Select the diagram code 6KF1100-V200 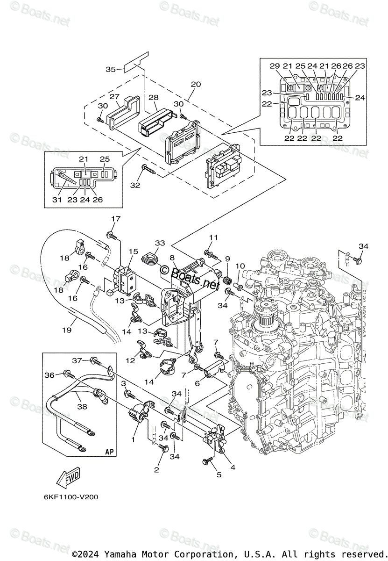point(71,497)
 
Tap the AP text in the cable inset point(109,452)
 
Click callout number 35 point(111,69)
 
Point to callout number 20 point(196,84)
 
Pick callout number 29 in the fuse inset point(275,66)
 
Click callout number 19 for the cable point(67,330)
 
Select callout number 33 point(160,243)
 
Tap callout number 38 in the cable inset point(82,406)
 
